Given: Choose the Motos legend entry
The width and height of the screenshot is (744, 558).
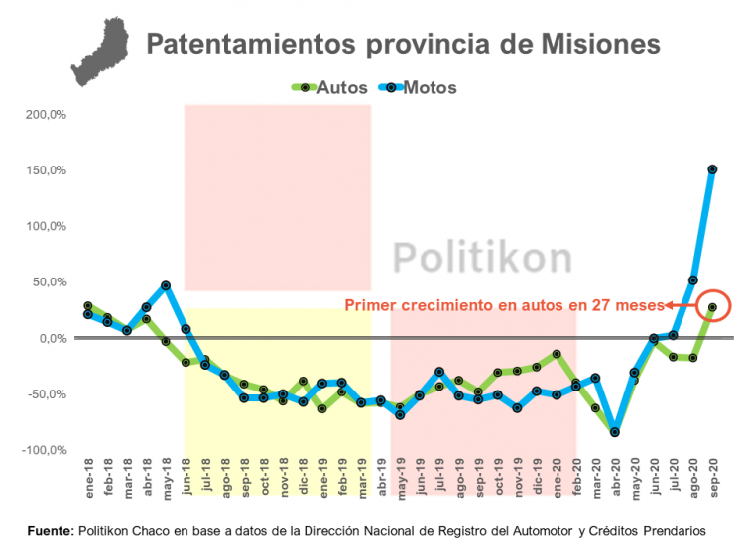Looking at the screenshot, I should coord(421,87).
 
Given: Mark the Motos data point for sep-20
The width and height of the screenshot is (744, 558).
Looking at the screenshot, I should coord(712,169).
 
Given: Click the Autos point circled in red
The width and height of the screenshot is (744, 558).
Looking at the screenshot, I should coord(712,307).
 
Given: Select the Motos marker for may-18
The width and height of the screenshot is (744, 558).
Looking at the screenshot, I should coord(166,286).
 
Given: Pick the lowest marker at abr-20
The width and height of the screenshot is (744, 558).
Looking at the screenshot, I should coord(615,432).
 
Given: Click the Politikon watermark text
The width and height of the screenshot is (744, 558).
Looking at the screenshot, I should coord(482,257).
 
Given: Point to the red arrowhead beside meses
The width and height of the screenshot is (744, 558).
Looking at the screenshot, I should coord(669,305).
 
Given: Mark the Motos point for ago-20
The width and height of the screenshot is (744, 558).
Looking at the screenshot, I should coord(692,280).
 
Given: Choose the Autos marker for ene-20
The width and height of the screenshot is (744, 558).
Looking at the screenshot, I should coord(557,354).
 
